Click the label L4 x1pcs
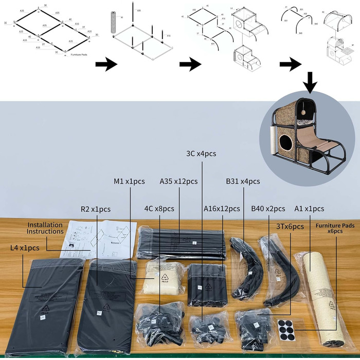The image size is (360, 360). pos(25,248)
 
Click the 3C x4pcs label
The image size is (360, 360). pos(202,154)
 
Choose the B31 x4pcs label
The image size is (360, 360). pos(243,181)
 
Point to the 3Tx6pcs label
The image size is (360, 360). pos(290,226)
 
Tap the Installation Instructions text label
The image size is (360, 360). pos(45,228)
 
